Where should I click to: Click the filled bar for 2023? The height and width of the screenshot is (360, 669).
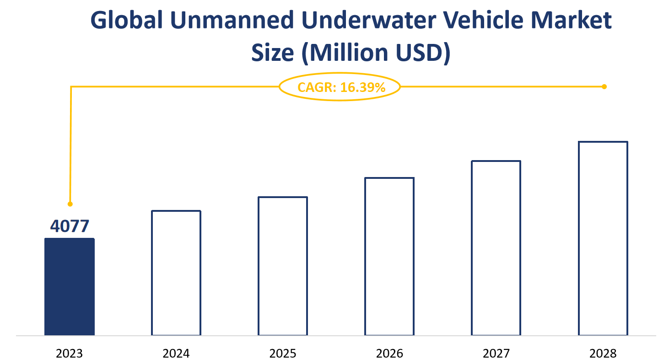70,287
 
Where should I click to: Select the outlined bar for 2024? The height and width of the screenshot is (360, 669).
176,273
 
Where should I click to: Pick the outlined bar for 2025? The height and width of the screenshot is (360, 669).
283,266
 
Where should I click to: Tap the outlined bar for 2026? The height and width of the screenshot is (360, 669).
389,257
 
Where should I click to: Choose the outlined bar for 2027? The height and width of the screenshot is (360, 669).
496,248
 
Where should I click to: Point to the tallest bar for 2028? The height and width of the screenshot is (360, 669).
603,238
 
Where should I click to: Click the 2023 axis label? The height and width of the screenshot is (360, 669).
70,353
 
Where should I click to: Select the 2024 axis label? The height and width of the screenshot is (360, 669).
176,353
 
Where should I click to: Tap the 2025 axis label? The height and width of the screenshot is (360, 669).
283,353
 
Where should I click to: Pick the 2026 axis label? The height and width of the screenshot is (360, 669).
389,353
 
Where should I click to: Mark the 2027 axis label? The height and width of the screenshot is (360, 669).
496,353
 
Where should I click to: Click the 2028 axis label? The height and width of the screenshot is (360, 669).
603,353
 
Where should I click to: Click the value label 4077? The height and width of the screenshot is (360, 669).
70,226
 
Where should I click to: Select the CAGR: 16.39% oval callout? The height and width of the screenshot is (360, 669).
340,87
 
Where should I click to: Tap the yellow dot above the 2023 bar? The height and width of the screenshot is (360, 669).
70,204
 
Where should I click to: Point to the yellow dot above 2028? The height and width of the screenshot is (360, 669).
604,86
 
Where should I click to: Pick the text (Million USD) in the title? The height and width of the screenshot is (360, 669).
378,53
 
